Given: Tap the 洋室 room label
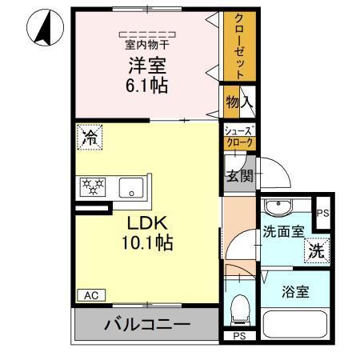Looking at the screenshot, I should (148, 64).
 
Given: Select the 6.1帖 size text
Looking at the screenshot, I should (148, 85).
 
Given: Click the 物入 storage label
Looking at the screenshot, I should (238, 102).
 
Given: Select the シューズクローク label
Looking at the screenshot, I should (238, 137).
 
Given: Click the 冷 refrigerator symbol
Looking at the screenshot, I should (89, 137).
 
